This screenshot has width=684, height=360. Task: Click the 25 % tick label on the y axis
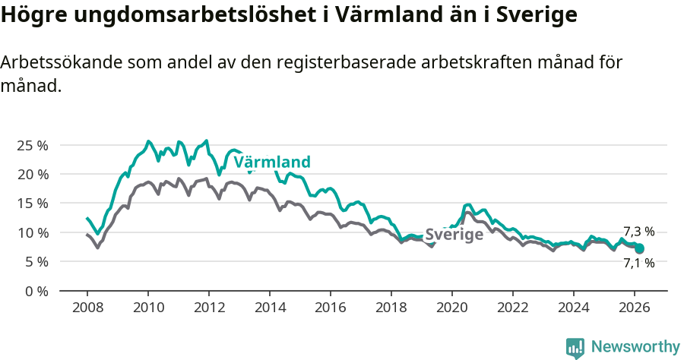point(32,145)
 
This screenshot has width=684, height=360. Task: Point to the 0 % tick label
point(36,290)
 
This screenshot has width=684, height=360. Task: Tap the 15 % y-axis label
point(32,203)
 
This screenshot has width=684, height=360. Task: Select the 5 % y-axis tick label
point(36,261)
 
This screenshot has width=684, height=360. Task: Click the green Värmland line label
point(272,162)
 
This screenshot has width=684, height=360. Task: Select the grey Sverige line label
point(454,235)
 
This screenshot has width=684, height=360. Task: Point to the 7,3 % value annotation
point(638,232)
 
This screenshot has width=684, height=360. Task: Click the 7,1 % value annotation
point(638,264)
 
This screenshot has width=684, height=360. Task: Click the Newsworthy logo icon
point(575,347)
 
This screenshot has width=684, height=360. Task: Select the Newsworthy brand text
point(635,347)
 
